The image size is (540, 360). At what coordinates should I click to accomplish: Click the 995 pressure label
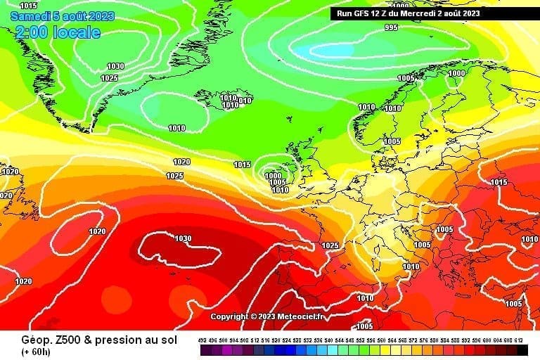[x=391, y=27]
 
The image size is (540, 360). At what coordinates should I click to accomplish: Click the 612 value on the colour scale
[x=520, y=340]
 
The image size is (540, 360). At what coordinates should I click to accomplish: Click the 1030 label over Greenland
[x=115, y=66]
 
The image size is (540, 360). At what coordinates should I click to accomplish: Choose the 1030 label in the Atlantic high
[x=183, y=238]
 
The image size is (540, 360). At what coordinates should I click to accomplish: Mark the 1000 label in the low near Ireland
[x=273, y=176]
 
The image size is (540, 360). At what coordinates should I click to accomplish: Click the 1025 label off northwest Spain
[x=330, y=245]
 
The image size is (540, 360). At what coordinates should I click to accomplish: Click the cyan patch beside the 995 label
[x=330, y=50]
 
